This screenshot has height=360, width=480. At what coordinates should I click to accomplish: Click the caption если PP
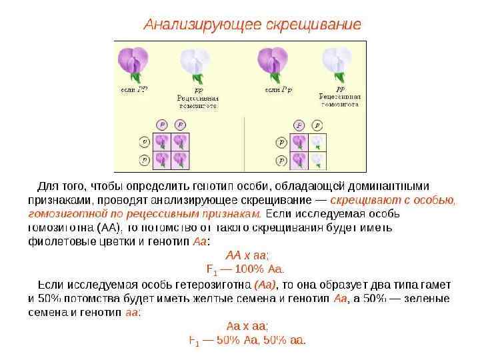[134, 89]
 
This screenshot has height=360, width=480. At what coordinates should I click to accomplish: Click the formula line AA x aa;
[247, 255]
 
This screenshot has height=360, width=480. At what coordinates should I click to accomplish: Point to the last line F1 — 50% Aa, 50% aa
[247, 341]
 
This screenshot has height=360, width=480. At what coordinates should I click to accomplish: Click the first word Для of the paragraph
[49, 185]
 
